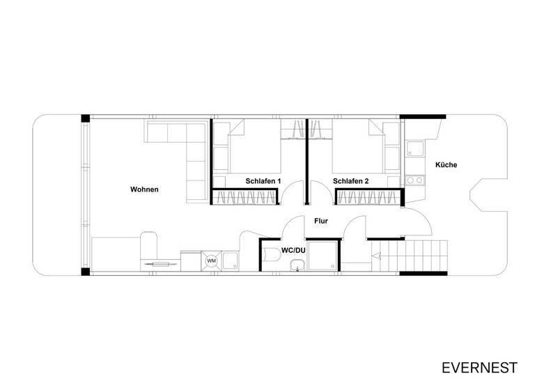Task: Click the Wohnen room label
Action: (x=145, y=189)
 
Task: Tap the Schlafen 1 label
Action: (x=263, y=181)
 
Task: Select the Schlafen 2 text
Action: (x=350, y=181)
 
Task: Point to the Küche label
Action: (x=445, y=165)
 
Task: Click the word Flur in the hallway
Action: (x=321, y=221)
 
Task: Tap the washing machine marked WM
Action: (x=212, y=261)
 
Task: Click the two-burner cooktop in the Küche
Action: (x=415, y=180)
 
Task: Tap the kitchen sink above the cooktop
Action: (x=415, y=149)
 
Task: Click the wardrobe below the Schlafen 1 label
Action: (x=247, y=197)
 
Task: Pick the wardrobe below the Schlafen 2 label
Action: (x=369, y=197)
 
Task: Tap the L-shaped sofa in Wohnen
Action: (x=192, y=150)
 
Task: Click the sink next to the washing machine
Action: (x=232, y=260)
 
